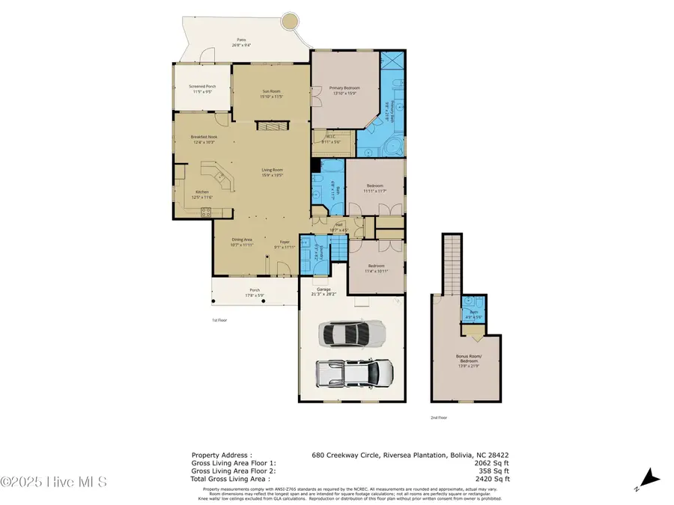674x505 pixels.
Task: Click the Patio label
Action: point(241,42)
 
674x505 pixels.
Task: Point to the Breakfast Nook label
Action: point(204,139)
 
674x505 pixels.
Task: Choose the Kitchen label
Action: point(203,194)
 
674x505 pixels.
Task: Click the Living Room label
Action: point(271,173)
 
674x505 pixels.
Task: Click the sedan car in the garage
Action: point(351,334)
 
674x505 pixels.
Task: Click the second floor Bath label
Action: point(473,313)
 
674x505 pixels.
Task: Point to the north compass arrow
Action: point(650,475)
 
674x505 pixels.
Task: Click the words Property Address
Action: point(222,455)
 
